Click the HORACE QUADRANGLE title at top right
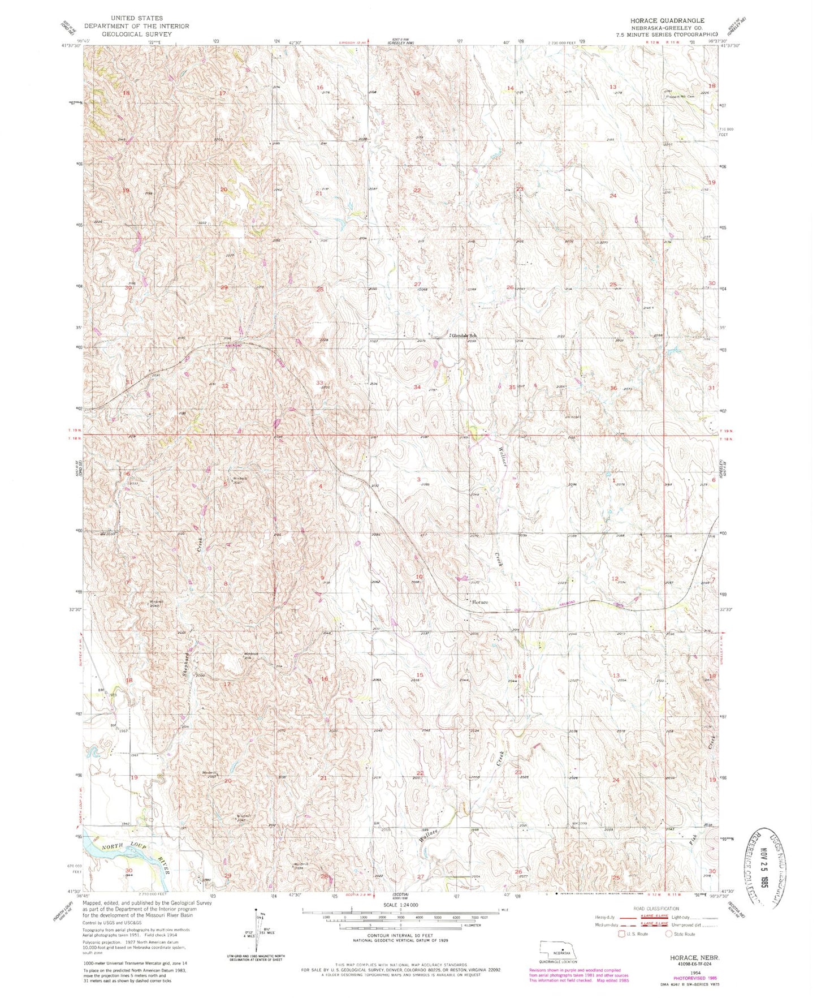(667, 20)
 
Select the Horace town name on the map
(479, 603)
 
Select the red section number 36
(613, 388)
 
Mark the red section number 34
(417, 387)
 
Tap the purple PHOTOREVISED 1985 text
(694, 978)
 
